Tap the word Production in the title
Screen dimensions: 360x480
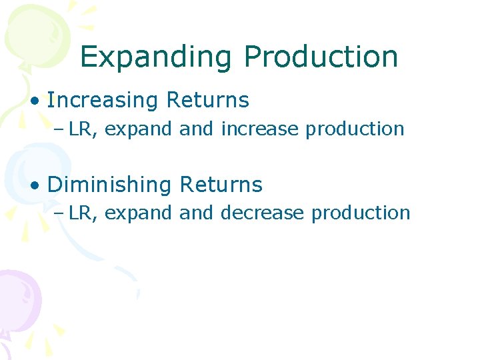321,57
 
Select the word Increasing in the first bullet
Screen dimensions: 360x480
103,101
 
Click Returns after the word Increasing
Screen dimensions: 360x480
207,101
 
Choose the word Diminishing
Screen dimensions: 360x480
110,185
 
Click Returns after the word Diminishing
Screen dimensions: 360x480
221,185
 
